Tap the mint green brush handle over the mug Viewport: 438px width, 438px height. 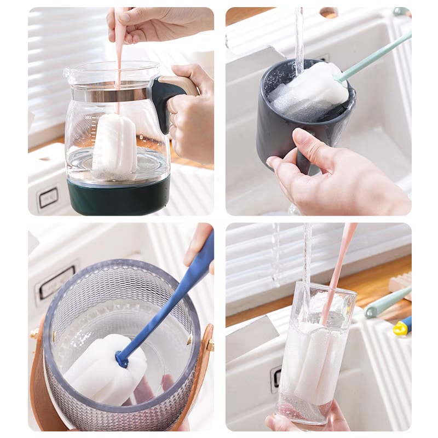pos(378,55)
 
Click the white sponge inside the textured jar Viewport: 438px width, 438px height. pos(107,367)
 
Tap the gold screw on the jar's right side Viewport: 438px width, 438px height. pos(210,345)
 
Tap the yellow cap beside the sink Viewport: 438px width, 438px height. pos(401,328)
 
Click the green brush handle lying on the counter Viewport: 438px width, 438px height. pos(386,303)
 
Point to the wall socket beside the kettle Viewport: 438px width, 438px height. pos(48,198)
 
